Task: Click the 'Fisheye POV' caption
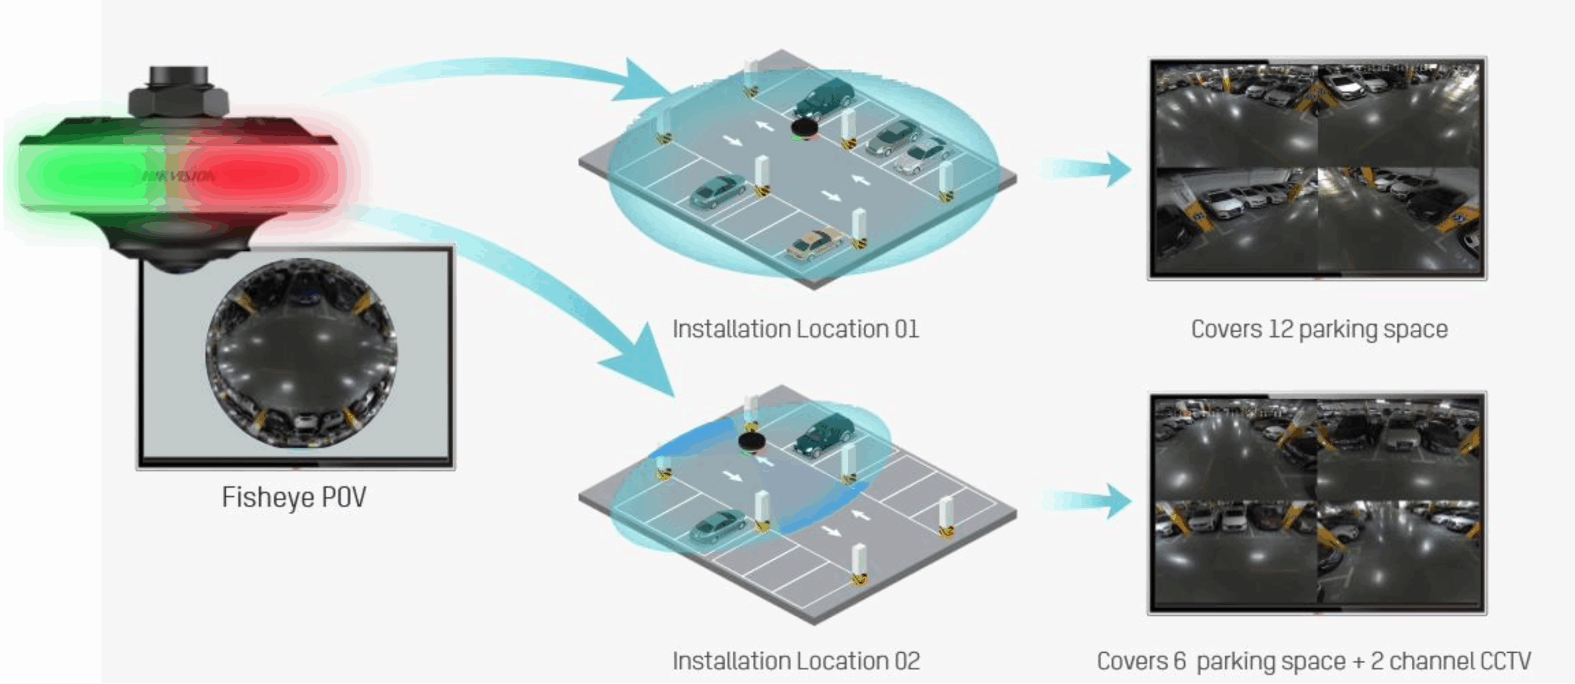[x=293, y=497]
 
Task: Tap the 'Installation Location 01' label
[x=795, y=329]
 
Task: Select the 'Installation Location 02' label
[x=796, y=661]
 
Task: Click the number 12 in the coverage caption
[x=1281, y=329]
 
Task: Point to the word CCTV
[x=1505, y=661]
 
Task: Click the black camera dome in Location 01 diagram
[x=804, y=129]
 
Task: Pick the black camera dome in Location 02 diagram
[x=751, y=440]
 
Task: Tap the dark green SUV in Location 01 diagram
[x=824, y=97]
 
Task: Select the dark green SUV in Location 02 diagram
[x=824, y=434]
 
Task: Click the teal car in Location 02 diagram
[x=717, y=526]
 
